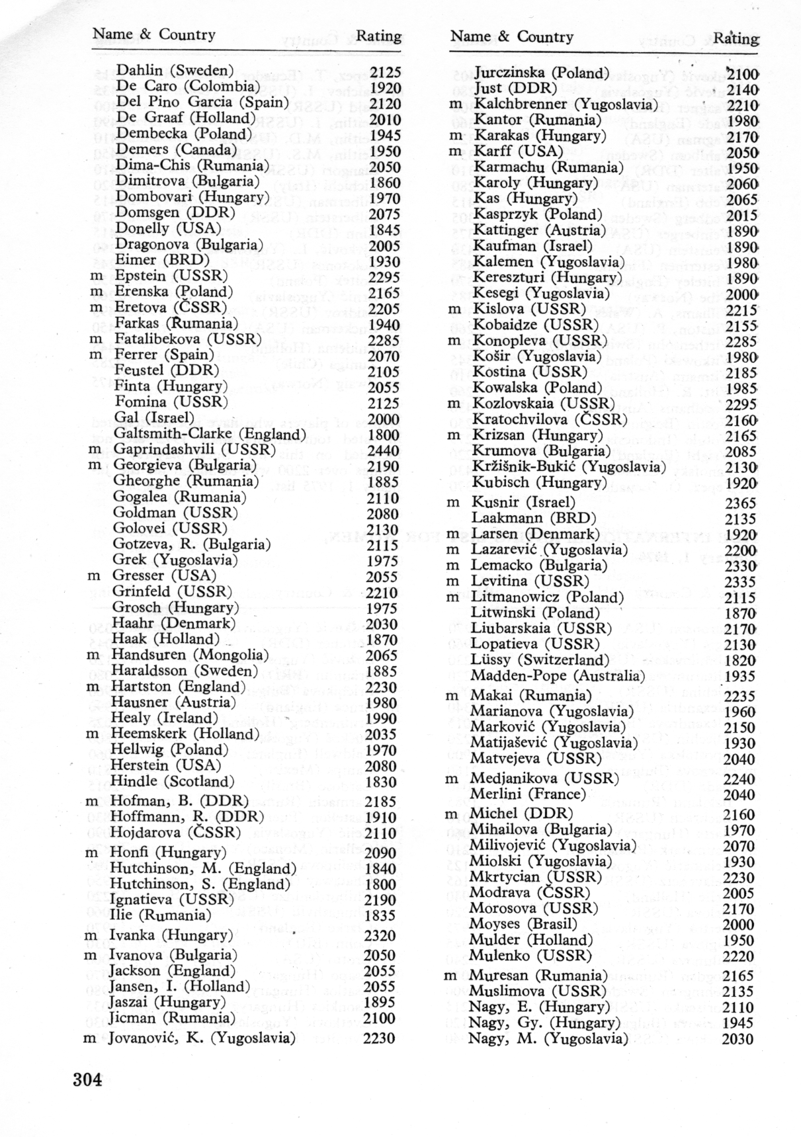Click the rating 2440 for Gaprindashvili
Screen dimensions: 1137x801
click(383, 450)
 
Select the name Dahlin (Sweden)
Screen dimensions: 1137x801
click(175, 71)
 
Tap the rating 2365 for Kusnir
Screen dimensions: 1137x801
click(739, 503)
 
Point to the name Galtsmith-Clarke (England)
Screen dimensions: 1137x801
click(210, 434)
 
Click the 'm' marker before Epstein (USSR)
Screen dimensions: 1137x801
click(96, 276)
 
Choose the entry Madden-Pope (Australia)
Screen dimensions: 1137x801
click(558, 675)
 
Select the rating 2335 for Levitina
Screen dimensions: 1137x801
click(739, 582)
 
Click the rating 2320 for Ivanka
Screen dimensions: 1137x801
click(380, 936)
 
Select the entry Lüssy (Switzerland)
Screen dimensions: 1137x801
click(540, 659)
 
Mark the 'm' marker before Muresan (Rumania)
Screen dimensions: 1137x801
click(450, 976)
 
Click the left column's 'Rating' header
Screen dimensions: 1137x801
click(378, 36)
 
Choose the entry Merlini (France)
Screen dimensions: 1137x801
click(528, 794)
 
